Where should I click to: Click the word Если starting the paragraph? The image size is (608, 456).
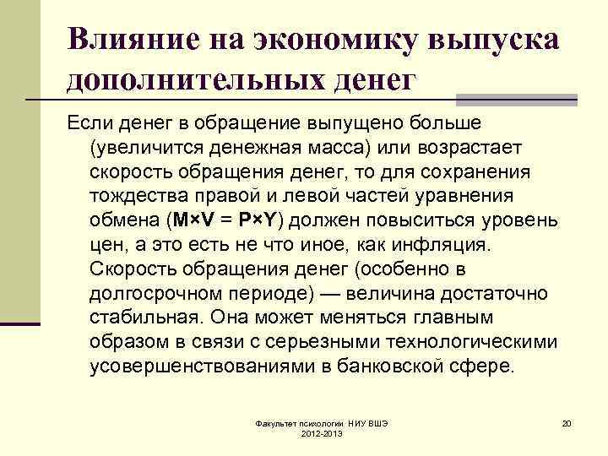tap(89, 123)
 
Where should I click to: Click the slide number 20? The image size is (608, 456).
tap(567, 422)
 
